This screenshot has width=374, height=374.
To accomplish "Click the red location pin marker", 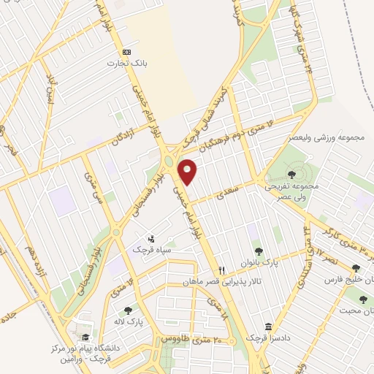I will [x=188, y=172].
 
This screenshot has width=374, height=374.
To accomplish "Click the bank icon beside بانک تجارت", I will [x=126, y=52].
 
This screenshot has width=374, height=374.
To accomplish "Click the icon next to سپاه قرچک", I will [x=151, y=238].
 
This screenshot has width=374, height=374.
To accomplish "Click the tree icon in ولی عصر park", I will [x=291, y=174].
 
